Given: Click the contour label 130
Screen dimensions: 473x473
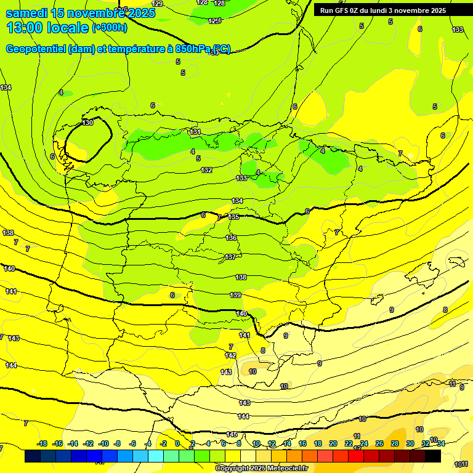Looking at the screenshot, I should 88,123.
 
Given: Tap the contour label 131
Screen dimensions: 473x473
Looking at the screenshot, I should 195,132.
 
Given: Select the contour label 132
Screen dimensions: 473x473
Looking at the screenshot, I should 207,170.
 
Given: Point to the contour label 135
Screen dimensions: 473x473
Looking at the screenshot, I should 233,217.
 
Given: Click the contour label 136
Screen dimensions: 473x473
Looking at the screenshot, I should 231,238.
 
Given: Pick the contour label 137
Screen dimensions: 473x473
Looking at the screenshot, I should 230,257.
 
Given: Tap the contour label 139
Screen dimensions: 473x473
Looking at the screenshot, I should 235,296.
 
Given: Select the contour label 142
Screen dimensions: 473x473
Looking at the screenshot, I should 230,355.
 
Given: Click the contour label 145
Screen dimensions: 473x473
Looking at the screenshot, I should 232,434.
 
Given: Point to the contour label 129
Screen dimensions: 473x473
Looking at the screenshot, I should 157,4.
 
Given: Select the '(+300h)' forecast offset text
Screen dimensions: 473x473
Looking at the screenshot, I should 110,27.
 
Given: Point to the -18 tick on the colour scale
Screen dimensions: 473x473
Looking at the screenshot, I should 42,443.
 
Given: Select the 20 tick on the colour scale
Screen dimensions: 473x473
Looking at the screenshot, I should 333,443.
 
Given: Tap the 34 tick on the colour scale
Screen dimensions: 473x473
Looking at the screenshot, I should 441,443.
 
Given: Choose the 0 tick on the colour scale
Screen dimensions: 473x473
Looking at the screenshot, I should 177,443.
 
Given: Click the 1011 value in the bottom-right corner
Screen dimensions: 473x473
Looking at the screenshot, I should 461,464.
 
